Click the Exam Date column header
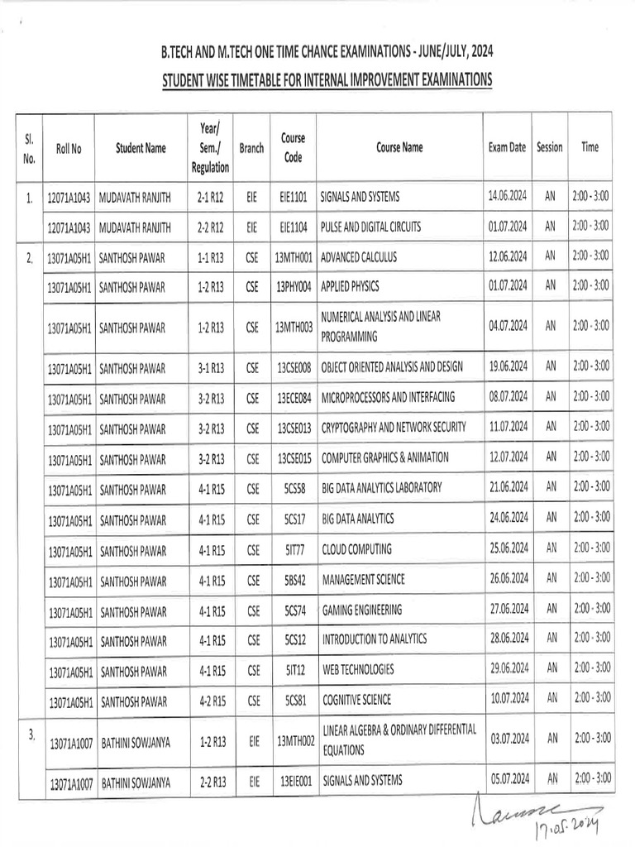[507, 148]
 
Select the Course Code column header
[294, 147]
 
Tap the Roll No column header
[69, 149]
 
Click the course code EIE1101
[294, 198]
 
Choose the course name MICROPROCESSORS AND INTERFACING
[389, 397]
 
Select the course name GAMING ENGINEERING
[362, 610]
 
